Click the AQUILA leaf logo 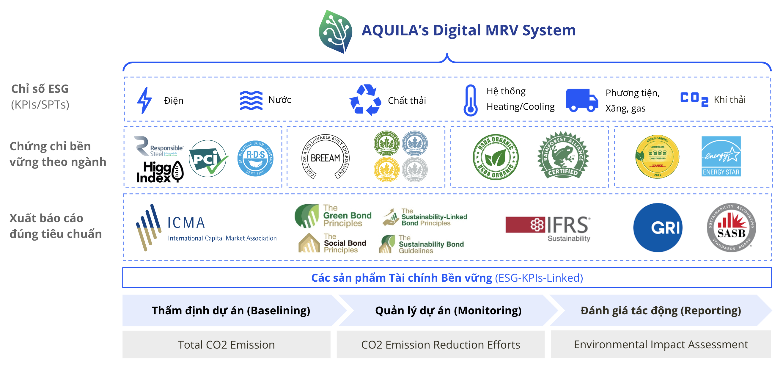(336, 32)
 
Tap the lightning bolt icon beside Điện (144, 100)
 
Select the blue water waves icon (251, 100)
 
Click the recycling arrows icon (365, 100)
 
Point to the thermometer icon (470, 100)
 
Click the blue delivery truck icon (582, 100)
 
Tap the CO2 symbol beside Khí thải (694, 99)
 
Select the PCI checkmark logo (208, 159)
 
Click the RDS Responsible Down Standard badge (255, 159)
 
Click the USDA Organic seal (496, 157)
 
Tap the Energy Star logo (721, 156)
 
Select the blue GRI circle (658, 228)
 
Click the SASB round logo (731, 228)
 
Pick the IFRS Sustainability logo (548, 228)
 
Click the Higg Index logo (160, 172)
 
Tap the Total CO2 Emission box (226, 344)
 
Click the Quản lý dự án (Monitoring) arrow (448, 310)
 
